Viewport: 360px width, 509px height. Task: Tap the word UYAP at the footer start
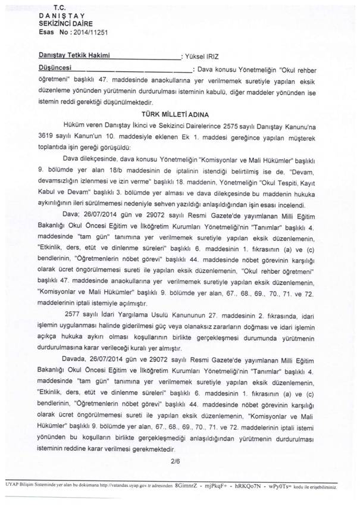click(x=9, y=488)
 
